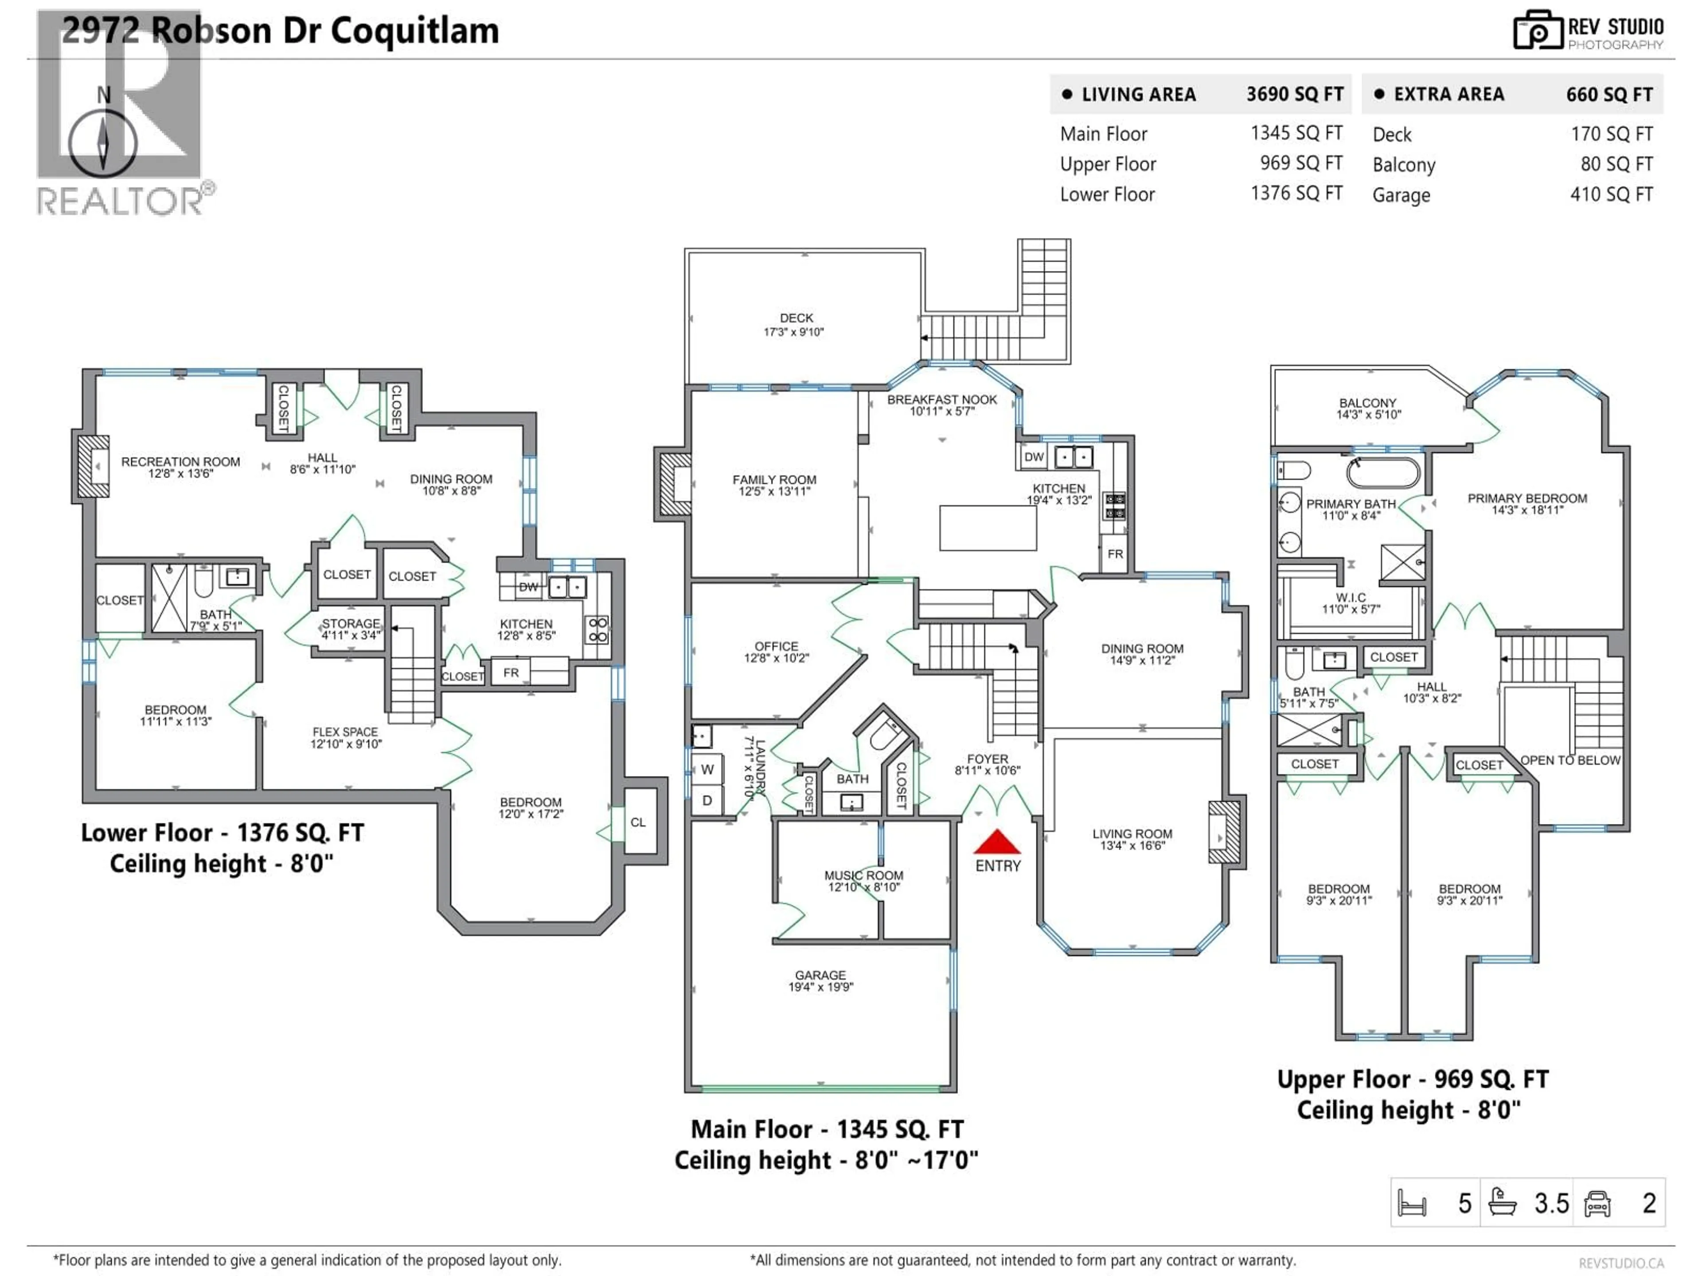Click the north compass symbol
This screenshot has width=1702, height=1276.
pyautogui.click(x=103, y=142)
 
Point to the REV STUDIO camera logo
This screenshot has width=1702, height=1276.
pyautogui.click(x=1537, y=31)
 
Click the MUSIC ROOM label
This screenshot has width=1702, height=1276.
pyautogui.click(x=863, y=881)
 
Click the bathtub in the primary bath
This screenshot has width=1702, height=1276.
pyautogui.click(x=1383, y=472)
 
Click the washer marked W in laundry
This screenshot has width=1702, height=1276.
pyautogui.click(x=707, y=769)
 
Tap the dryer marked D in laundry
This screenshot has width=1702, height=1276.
pyautogui.click(x=707, y=800)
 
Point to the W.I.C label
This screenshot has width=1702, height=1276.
pyautogui.click(x=1351, y=603)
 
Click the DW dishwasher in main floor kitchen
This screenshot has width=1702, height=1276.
pyautogui.click(x=1033, y=457)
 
